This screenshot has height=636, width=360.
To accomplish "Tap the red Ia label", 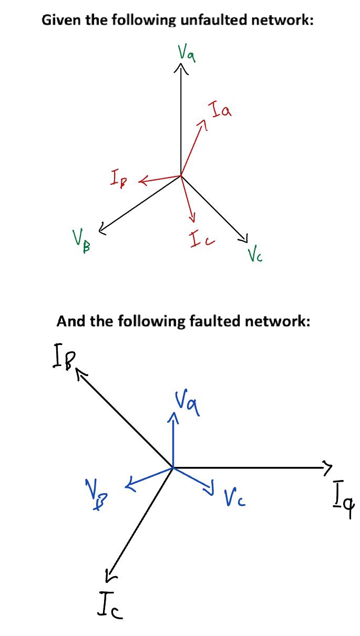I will pyautogui.click(x=220, y=111).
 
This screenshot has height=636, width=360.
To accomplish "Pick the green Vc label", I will pyautogui.click(x=254, y=256).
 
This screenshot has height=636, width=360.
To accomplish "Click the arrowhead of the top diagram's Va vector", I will pyautogui.click(x=181, y=67).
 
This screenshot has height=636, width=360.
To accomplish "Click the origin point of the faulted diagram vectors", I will pyautogui.click(x=173, y=466).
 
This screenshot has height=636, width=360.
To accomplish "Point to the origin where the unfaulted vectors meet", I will pyautogui.click(x=181, y=175).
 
